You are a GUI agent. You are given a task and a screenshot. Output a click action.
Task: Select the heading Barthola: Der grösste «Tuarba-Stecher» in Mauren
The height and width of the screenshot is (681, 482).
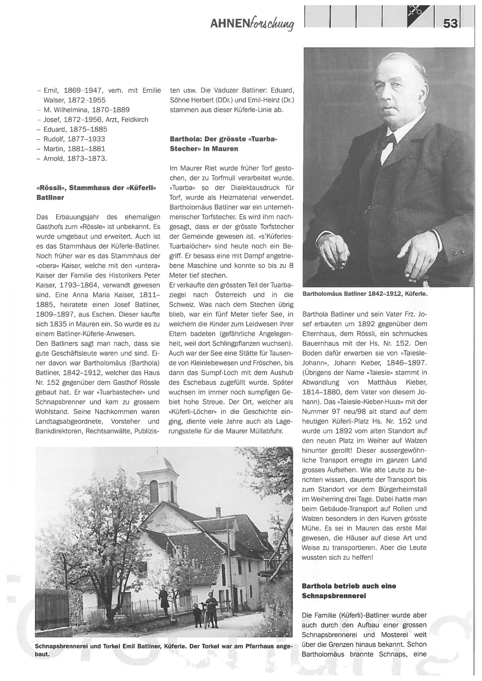[224, 144]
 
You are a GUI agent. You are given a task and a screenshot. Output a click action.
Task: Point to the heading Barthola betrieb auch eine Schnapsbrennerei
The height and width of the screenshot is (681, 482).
[349, 591]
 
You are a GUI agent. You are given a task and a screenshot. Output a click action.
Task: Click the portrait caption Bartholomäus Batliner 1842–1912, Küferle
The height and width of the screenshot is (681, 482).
[365, 294]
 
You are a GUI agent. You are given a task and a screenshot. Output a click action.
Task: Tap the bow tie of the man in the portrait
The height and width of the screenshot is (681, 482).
[387, 139]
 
